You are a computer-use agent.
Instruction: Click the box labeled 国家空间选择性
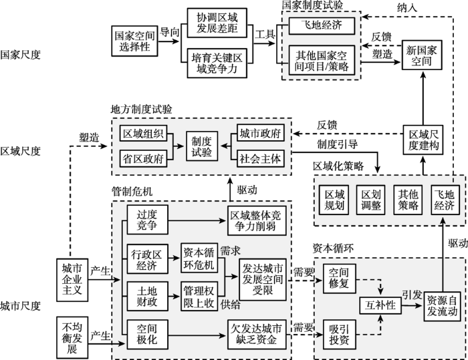[x=134, y=41]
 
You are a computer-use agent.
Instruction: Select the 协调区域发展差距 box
[x=217, y=23]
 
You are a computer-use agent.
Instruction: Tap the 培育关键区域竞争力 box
[x=217, y=63]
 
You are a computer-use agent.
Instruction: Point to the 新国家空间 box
[x=422, y=55]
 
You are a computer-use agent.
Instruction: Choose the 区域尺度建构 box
[x=423, y=140]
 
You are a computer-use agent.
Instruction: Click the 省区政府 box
[x=143, y=159]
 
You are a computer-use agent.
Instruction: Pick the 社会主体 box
[x=261, y=159]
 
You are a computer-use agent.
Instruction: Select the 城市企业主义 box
[x=72, y=280]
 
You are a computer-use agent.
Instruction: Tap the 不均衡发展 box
[x=72, y=338]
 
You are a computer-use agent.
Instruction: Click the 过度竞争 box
[x=147, y=220]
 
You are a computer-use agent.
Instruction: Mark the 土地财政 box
[x=147, y=296]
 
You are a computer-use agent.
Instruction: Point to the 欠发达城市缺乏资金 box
[x=257, y=335]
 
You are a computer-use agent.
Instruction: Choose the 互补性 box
[x=380, y=305]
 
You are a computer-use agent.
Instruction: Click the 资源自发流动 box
[x=442, y=306]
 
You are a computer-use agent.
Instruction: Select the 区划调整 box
[x=371, y=200]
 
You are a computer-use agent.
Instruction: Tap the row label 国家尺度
[x=20, y=55]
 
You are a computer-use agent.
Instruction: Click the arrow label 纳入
[x=406, y=8]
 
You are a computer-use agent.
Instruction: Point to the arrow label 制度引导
[x=337, y=145]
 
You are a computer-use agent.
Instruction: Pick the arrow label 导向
[x=170, y=32]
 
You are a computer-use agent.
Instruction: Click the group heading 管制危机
[x=132, y=191]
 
